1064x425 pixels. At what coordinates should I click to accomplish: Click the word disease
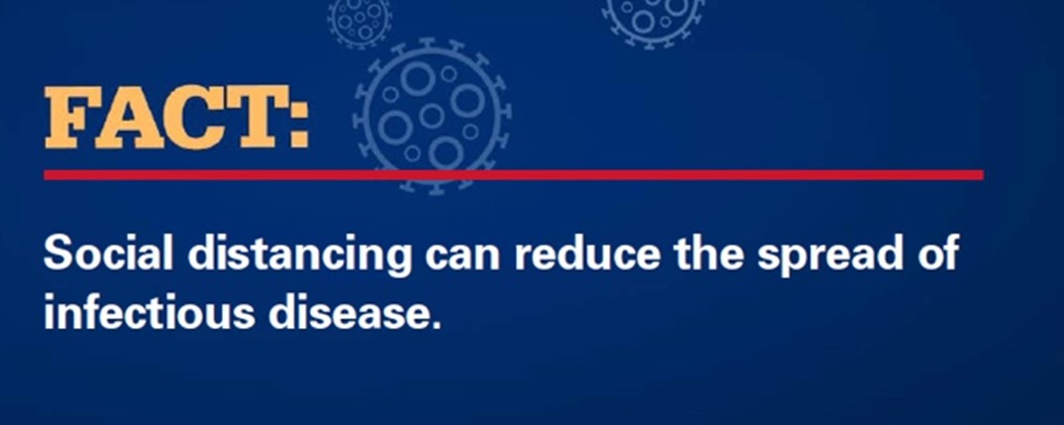pos(347,312)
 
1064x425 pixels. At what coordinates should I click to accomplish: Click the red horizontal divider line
pos(514,175)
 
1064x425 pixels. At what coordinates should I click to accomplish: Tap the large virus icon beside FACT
pos(432,116)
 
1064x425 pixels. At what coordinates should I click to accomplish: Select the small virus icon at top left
pos(360,20)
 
